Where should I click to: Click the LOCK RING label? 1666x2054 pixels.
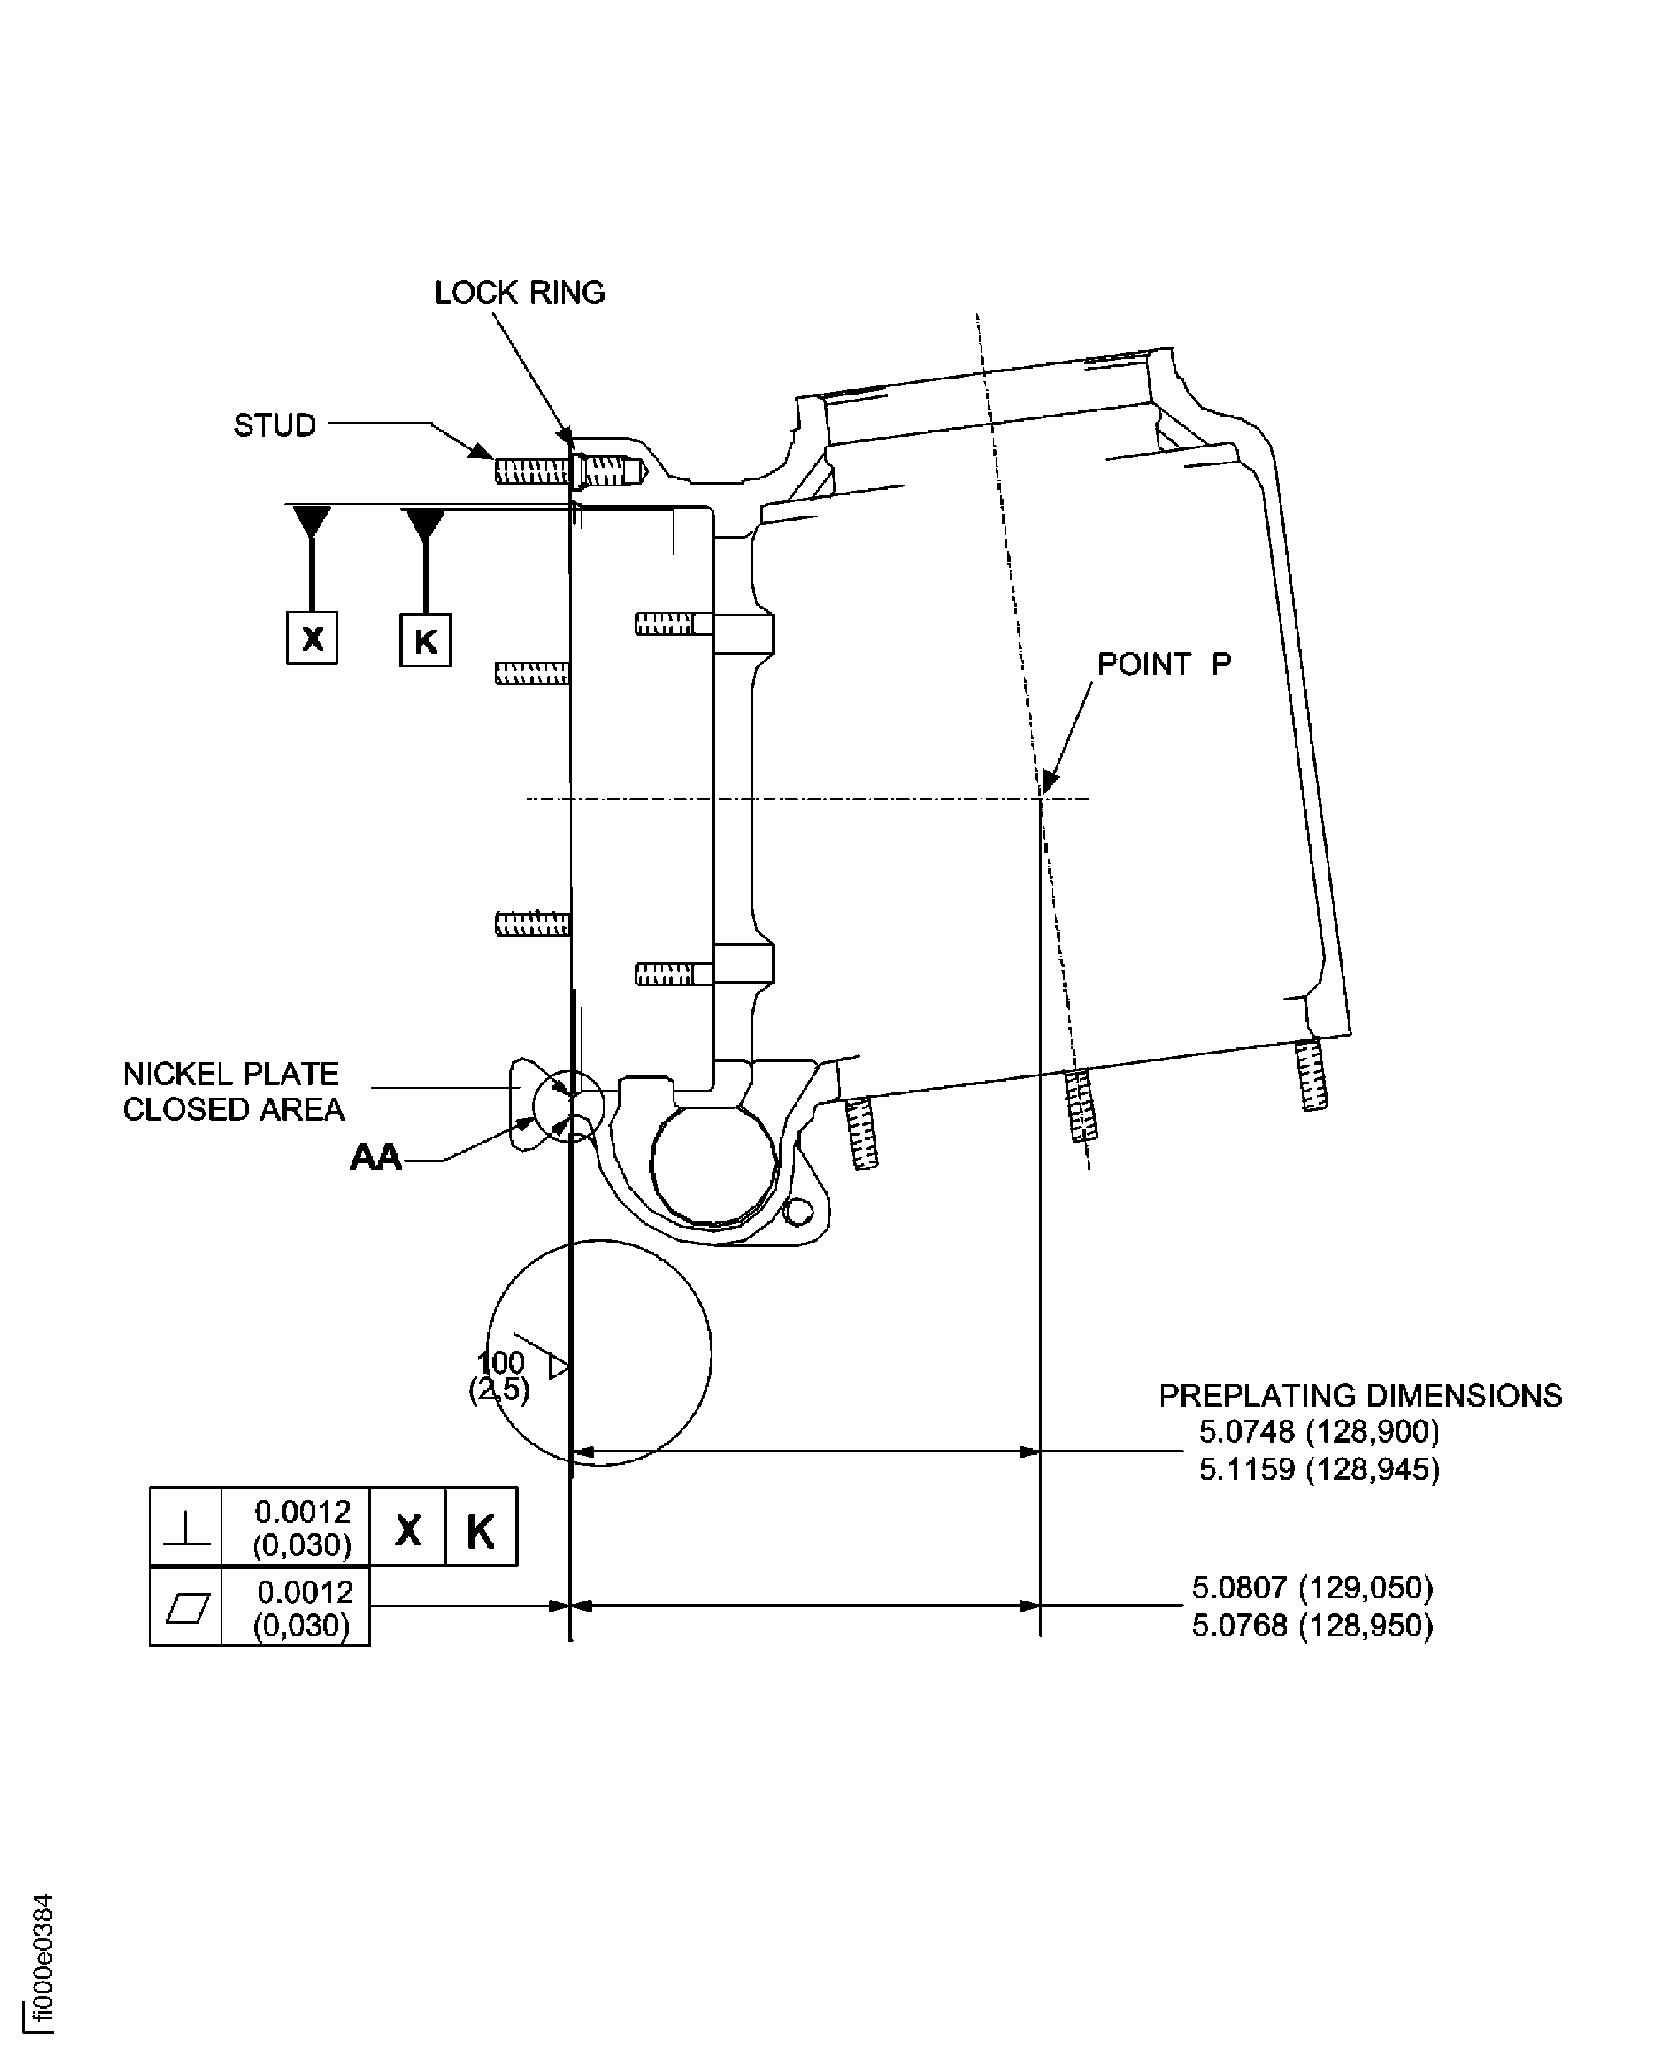pyautogui.click(x=519, y=292)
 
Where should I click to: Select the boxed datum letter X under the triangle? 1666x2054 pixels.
pyautogui.click(x=312, y=638)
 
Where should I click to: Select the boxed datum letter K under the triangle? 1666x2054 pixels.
pyautogui.click(x=425, y=640)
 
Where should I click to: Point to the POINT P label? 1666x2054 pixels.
pyautogui.click(x=1163, y=664)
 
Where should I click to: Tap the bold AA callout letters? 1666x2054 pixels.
pyautogui.click(x=375, y=1157)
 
